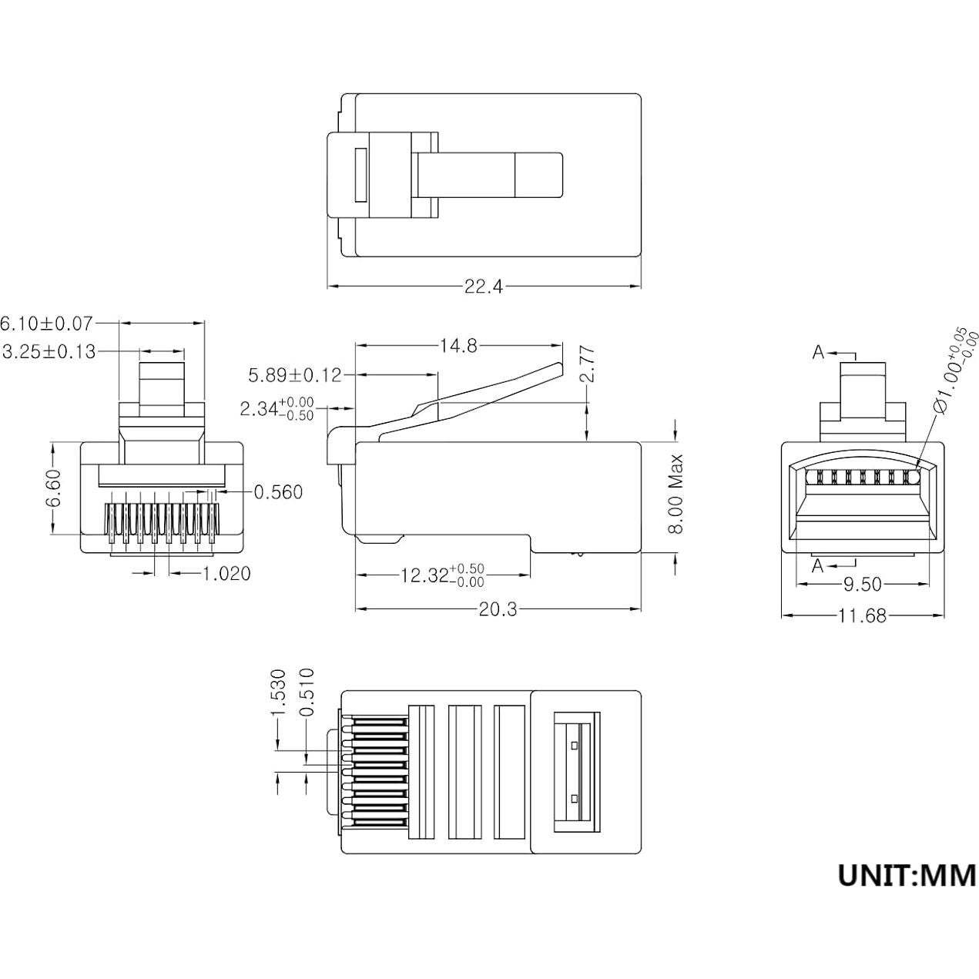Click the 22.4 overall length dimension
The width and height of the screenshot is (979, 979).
483,287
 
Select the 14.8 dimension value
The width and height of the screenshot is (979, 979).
458,346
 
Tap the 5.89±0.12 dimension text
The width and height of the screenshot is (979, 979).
294,376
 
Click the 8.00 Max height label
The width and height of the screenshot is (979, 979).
676,494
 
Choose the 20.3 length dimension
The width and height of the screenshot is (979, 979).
498,609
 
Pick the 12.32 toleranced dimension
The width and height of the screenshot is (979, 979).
442,575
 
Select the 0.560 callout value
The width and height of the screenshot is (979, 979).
278,491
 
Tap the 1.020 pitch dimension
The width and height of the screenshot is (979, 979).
226,573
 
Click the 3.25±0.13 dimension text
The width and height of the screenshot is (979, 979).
49,352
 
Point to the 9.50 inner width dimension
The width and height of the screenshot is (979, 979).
862,585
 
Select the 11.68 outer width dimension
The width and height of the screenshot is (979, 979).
862,615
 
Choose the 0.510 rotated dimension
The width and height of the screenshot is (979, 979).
307,692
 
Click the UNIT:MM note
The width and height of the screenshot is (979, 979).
907,875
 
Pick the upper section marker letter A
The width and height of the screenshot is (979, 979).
819,352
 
